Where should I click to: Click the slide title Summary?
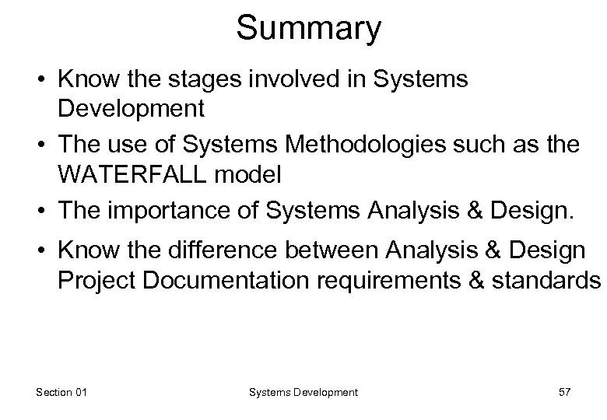(x=309, y=29)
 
